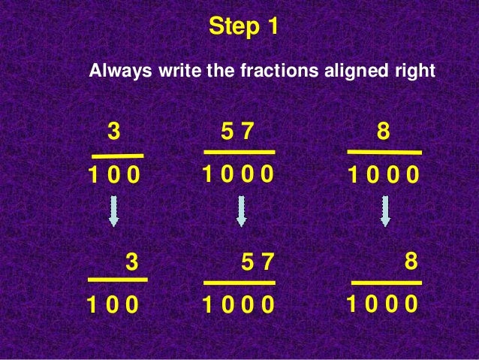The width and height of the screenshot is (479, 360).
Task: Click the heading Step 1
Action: click(x=243, y=27)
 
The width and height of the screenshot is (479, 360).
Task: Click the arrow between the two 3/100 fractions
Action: click(x=113, y=211)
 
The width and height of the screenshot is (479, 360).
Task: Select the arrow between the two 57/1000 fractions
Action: click(x=241, y=211)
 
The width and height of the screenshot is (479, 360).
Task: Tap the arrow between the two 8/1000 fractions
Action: click(x=385, y=211)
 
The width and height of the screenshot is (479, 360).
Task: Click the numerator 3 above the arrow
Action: click(x=113, y=132)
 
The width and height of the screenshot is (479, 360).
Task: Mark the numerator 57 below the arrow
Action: click(x=259, y=262)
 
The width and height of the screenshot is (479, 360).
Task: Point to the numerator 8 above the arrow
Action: click(x=384, y=132)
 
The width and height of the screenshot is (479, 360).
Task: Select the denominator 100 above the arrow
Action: click(x=114, y=177)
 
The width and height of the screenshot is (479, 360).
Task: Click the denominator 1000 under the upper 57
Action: click(x=237, y=175)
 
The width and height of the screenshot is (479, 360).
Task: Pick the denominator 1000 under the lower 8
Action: click(x=382, y=305)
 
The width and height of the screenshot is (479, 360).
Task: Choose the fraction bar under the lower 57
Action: click(x=239, y=283)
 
